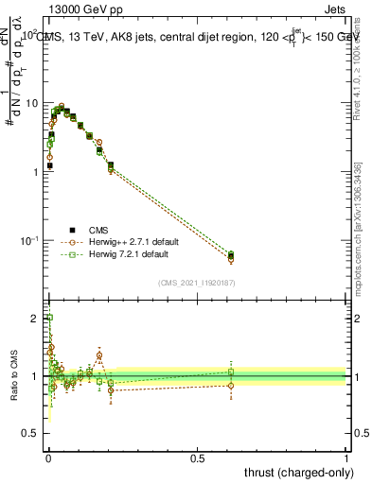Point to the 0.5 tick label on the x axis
pyautogui.click(x=197, y=458)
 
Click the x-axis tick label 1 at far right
pyautogui.click(x=346, y=458)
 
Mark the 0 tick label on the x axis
pyautogui.click(x=48, y=458)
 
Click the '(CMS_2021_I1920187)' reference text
pyautogui.click(x=197, y=283)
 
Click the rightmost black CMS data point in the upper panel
pyautogui.click(x=232, y=255)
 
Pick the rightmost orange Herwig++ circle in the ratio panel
pyautogui.click(x=232, y=385)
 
